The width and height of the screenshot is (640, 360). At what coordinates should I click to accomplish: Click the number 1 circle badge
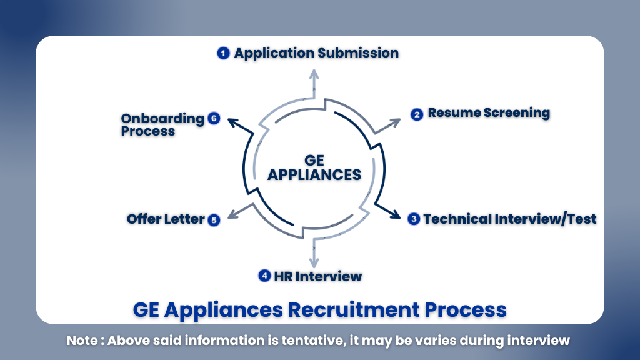[x=223, y=54]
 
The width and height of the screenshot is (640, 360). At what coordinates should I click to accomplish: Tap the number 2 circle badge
[x=417, y=114]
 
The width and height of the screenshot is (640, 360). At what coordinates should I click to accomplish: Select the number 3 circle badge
[x=414, y=219]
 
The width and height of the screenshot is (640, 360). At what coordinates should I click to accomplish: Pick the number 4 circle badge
[x=265, y=276]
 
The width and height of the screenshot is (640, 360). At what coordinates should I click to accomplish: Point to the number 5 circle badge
[x=214, y=220]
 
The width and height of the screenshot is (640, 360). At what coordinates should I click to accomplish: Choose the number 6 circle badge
[x=214, y=119]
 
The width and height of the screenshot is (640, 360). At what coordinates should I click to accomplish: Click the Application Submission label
[x=316, y=53]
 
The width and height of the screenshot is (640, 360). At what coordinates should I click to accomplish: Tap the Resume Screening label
[x=489, y=113]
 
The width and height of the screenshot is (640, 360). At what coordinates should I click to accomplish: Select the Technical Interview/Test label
[x=510, y=219]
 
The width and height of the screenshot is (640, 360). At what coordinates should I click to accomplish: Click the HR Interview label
[x=317, y=276]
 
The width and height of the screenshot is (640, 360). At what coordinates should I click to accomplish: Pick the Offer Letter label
[x=166, y=219]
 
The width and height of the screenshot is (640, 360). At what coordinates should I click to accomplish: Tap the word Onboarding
[x=162, y=119]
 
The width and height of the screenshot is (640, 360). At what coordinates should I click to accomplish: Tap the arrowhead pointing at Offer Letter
[x=231, y=216]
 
